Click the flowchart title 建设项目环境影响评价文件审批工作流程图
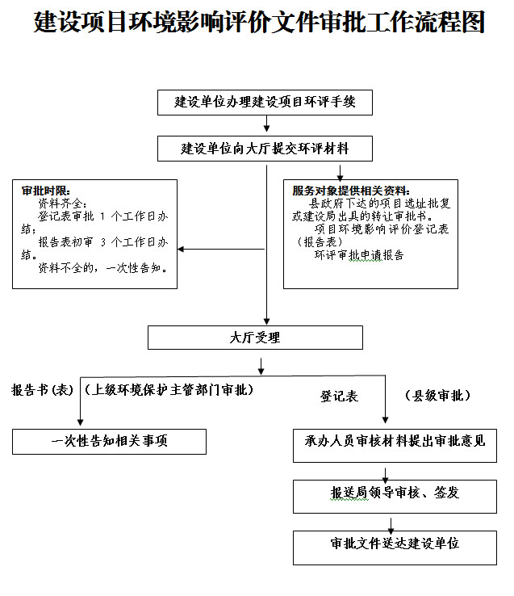259,23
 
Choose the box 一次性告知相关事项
109,442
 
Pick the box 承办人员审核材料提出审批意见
395,442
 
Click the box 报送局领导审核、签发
395,493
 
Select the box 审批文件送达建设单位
395,543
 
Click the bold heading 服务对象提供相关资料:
352,191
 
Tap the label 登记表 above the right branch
339,397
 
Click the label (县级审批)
437,397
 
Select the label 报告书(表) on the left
42,391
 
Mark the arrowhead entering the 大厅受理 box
266,320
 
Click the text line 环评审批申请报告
359,255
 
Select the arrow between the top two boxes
266,124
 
